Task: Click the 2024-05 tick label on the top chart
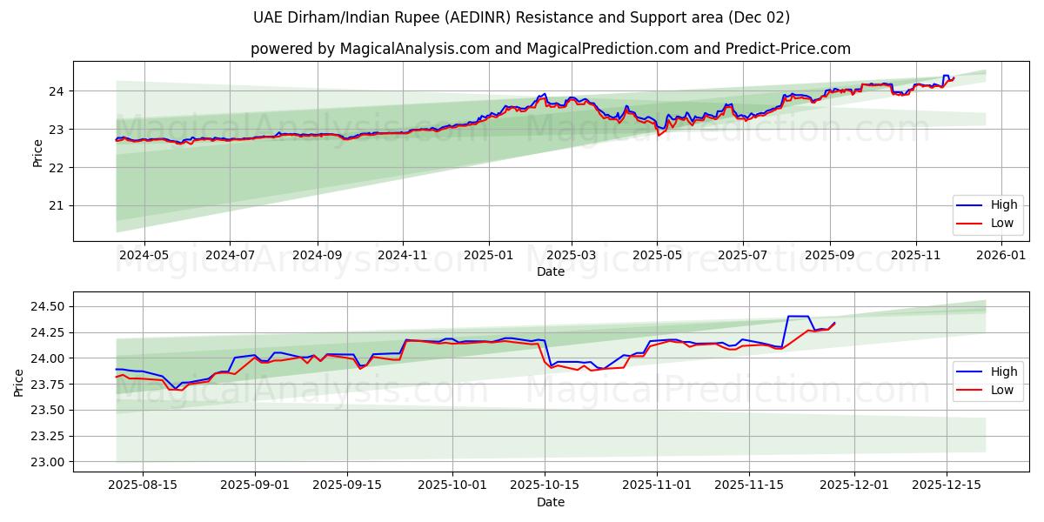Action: (144, 256)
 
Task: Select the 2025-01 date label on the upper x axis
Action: (488, 256)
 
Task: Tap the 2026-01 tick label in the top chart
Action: (1001, 256)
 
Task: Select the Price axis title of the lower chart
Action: (19, 382)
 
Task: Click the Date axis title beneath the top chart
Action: (551, 271)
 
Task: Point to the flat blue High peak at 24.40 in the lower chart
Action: (798, 316)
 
